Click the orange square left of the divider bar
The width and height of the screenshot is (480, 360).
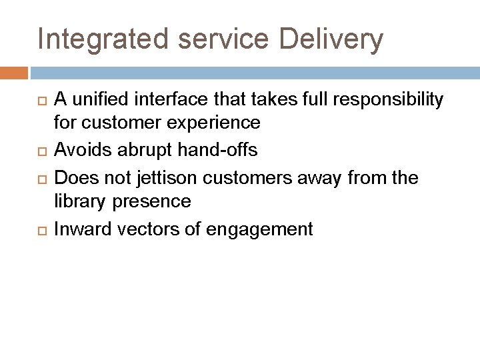coord(14,72)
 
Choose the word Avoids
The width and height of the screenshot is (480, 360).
coord(77,151)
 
